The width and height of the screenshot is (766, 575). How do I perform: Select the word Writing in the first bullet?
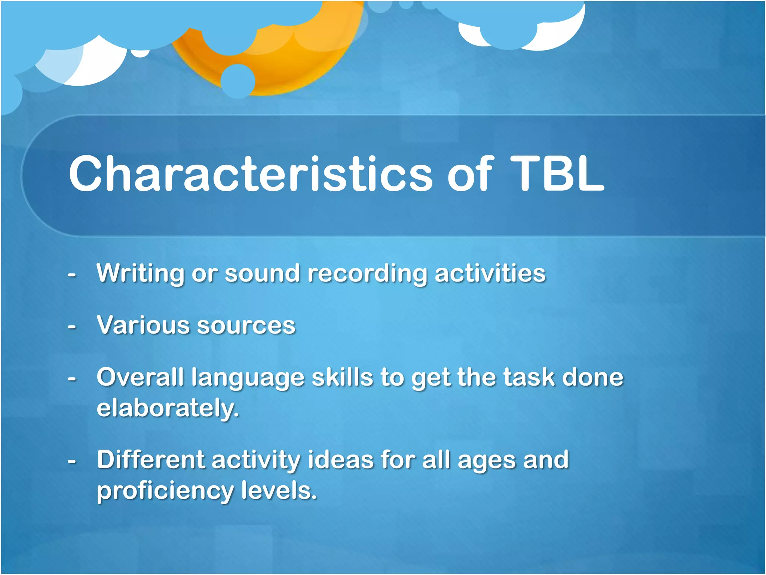140,273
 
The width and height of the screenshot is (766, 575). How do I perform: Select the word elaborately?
167,408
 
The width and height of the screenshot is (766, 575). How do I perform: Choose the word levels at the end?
279,490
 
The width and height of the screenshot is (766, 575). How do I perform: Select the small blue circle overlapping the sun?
238,81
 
